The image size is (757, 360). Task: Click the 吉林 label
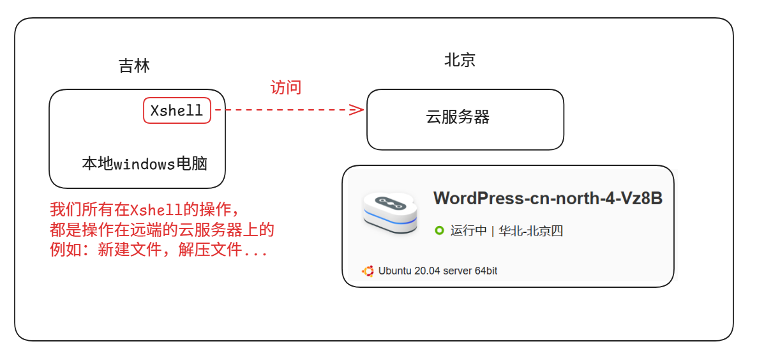(x=134, y=66)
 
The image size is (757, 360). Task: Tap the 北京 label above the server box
(x=460, y=60)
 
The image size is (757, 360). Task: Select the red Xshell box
(x=177, y=110)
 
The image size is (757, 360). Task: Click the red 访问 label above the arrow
(x=285, y=87)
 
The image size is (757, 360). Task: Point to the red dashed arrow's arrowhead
(x=357, y=110)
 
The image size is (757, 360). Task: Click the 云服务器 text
(x=458, y=117)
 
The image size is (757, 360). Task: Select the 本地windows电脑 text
(x=145, y=164)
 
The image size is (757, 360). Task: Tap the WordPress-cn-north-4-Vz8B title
(x=548, y=199)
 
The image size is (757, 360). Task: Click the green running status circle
(x=439, y=230)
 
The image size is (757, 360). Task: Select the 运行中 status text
(x=468, y=231)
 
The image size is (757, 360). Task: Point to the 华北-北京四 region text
(x=530, y=231)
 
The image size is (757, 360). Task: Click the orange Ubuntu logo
(x=368, y=271)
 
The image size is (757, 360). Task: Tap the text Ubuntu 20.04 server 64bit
(x=437, y=271)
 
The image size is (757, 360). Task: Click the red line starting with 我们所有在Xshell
(x=146, y=209)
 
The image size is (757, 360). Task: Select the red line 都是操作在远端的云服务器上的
(x=162, y=230)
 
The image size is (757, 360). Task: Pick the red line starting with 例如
(x=159, y=250)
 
